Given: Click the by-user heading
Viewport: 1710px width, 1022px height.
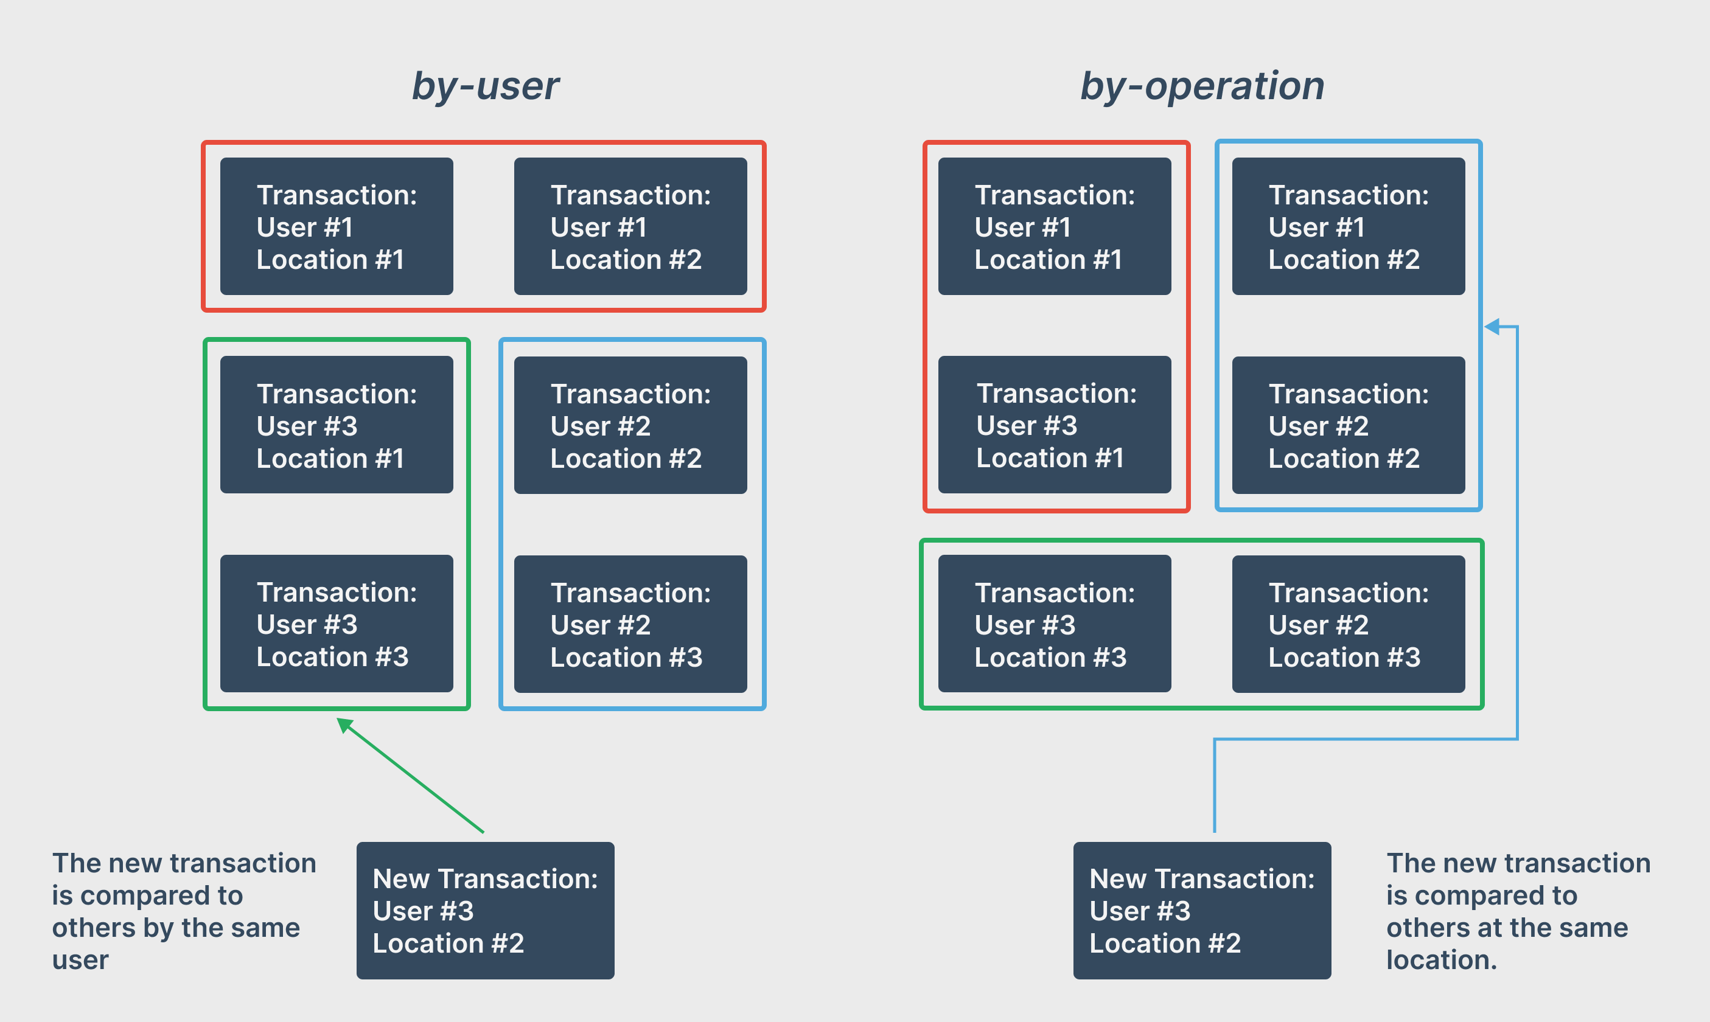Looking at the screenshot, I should [485, 87].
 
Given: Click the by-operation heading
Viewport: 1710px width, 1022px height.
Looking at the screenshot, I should [1202, 87].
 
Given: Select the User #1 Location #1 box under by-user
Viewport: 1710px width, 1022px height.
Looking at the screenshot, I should [336, 226].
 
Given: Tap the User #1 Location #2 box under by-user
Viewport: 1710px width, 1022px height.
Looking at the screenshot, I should [630, 226].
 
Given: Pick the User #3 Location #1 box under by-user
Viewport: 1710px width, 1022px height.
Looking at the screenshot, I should [336, 425].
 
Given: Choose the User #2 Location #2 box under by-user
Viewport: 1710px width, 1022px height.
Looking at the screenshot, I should [630, 425].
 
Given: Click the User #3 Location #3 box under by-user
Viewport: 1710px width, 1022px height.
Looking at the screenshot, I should [336, 624].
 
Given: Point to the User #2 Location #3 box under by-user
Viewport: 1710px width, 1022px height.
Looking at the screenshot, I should [630, 624].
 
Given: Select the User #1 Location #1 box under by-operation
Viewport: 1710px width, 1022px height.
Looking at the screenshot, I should [1055, 226].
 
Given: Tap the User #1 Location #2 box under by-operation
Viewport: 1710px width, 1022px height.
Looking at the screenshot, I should [1348, 226].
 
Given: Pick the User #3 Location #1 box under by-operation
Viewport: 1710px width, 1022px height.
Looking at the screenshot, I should [1055, 425].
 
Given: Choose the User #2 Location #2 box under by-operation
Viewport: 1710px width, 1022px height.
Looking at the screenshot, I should [1348, 425].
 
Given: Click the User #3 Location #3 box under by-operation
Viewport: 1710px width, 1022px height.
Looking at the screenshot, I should [1055, 624].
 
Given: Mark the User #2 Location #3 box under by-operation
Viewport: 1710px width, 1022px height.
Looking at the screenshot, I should [1348, 624].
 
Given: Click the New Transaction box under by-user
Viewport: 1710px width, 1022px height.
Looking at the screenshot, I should [485, 911].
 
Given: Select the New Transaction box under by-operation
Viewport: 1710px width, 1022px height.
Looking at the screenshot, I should [1202, 911].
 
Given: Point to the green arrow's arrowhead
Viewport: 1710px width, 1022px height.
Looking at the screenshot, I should [343, 724].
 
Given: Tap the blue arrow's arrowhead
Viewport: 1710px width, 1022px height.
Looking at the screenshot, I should [1492, 327].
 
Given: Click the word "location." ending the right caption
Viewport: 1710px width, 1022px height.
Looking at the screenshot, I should [1442, 960].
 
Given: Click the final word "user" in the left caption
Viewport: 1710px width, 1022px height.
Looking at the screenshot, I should [80, 960].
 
